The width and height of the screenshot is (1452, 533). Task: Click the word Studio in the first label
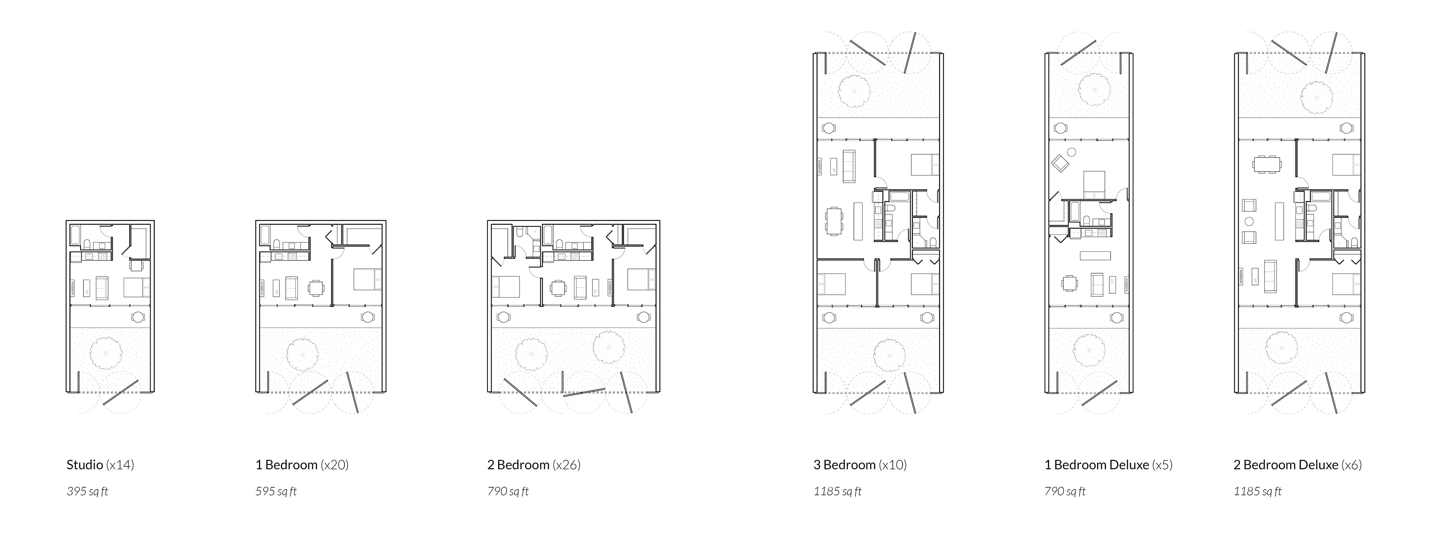(85, 465)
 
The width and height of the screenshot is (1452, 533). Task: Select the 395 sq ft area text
(87, 491)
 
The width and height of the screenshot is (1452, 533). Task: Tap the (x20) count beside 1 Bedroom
(335, 465)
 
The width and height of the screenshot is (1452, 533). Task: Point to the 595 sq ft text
(276, 491)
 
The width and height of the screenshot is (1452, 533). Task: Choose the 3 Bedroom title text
(844, 465)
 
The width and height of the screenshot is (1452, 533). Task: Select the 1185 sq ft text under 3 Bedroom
(838, 491)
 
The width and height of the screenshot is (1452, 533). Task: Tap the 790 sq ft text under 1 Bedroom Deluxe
(1065, 491)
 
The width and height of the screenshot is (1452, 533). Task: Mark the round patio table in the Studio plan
(138, 317)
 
